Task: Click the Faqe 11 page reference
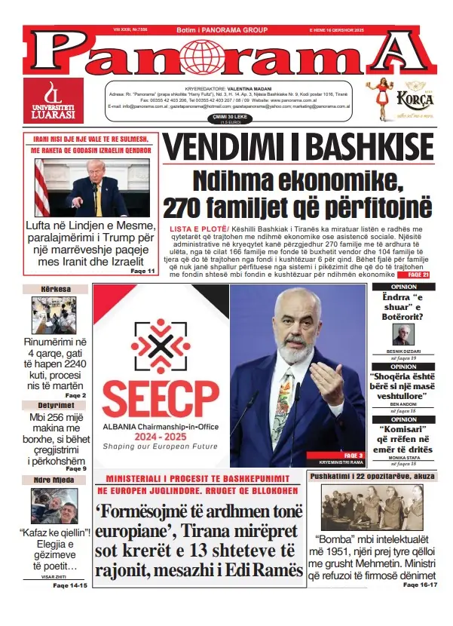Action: [x=142, y=271]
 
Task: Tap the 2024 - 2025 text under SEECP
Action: [x=161, y=436]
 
